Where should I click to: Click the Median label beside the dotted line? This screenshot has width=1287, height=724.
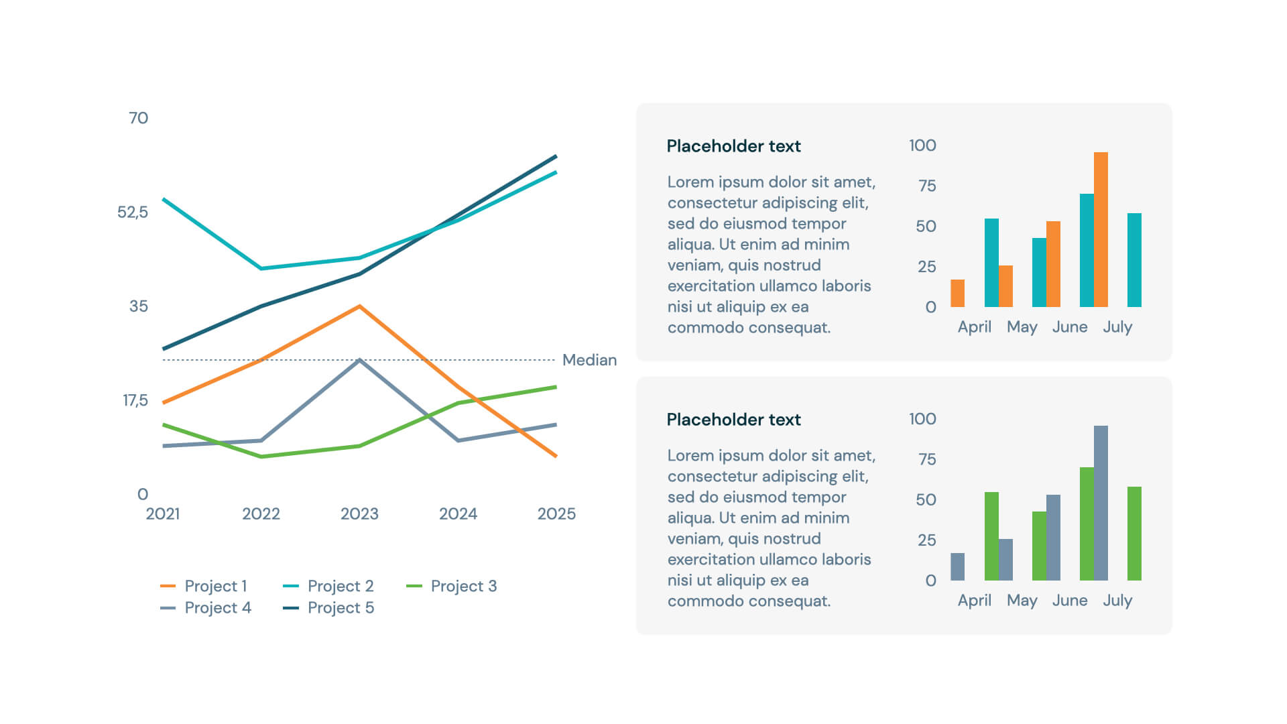point(589,360)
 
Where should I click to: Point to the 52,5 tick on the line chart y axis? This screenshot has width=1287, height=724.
point(132,213)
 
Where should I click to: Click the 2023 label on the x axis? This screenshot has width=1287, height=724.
point(359,514)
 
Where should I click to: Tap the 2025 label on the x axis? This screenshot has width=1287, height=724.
point(556,514)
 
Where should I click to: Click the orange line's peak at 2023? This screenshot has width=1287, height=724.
point(360,306)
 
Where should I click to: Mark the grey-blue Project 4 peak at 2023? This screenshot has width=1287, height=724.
point(360,361)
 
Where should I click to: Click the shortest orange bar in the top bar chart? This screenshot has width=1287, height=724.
point(958,294)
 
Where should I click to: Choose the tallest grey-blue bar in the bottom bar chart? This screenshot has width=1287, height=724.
point(1101,503)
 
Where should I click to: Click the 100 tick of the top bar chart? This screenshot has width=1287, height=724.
point(922,145)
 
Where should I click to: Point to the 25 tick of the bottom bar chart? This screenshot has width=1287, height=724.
point(926,540)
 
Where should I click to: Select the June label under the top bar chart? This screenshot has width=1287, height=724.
point(1069,327)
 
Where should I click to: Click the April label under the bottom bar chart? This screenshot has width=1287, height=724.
point(974,601)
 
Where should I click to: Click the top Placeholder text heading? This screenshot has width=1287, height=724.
point(733,146)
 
